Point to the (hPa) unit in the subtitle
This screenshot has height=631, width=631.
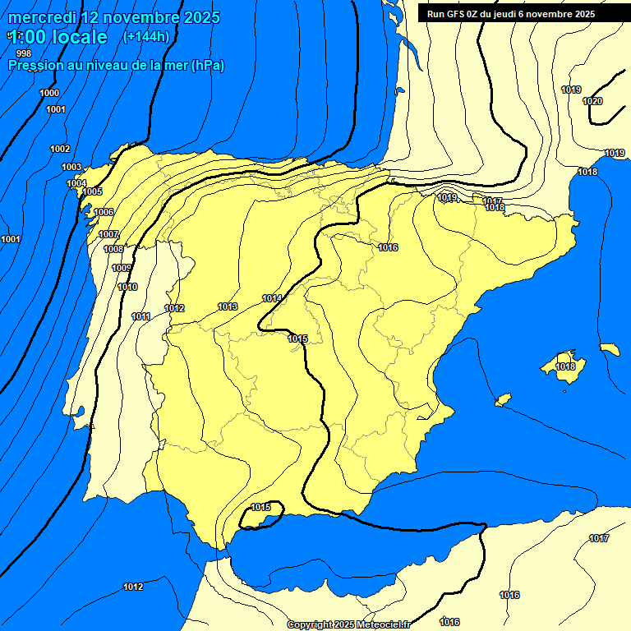coord(207,65)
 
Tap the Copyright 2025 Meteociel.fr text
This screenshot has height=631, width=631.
coord(348,624)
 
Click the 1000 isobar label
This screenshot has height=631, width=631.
coord(49,93)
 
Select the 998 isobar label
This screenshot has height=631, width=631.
coord(24,53)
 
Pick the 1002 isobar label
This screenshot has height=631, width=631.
coord(60,149)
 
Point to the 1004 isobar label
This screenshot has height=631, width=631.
coord(76,183)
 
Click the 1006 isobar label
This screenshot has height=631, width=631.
coord(104,212)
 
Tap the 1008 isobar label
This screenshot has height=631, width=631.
coord(113,249)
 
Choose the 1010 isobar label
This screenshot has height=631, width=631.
coord(127,287)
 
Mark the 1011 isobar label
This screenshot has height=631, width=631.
coord(140,316)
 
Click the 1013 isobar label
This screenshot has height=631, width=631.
coord(228,306)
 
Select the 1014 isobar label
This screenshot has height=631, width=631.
coord(272,297)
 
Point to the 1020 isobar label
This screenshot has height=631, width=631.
coord(592,101)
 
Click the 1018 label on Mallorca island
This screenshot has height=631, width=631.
coord(565,366)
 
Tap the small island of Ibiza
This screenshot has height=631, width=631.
coord(503,400)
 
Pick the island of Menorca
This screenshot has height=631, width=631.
coord(610,349)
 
